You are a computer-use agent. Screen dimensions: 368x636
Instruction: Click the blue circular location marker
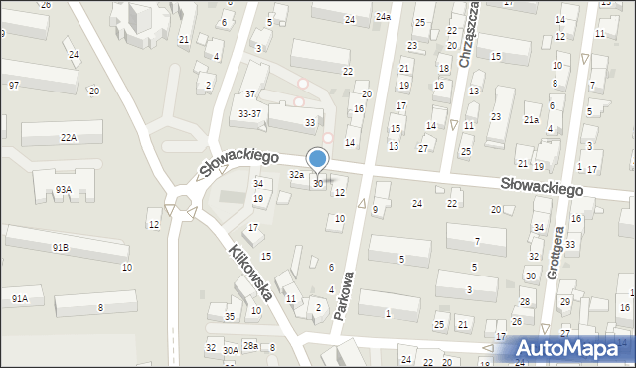coord(318,158)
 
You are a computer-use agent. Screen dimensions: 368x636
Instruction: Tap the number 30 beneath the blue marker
coord(318,184)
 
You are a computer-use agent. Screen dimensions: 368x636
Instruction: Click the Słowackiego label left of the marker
coord(238,160)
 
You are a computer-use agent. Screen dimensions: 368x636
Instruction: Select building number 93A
coord(63,189)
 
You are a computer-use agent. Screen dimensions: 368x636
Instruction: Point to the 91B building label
coord(61,247)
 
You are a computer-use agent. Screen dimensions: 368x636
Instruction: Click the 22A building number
coord(68,138)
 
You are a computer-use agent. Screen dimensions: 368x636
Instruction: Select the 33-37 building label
coord(250,113)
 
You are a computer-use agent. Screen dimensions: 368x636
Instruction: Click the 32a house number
coord(296,174)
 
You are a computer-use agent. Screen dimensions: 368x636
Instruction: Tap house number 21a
coord(532,120)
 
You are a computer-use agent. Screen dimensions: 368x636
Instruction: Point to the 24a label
coord(383,18)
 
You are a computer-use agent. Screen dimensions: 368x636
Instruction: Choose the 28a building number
coord(250,345)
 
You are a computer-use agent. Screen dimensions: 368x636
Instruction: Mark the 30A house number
coord(230,350)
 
